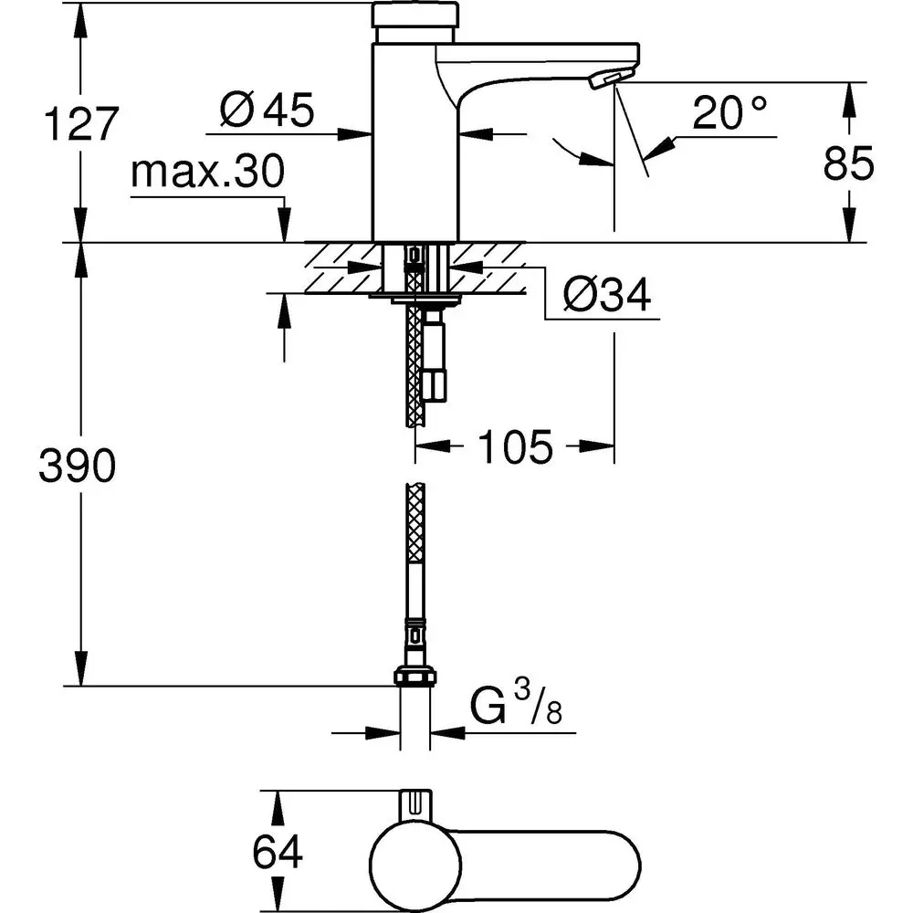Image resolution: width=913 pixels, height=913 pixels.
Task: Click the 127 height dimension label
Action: pyautogui.click(x=81, y=124)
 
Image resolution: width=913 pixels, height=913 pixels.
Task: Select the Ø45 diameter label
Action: pyautogui.click(x=267, y=110)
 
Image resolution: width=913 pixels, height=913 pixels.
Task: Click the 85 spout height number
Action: pyautogui.click(x=849, y=163)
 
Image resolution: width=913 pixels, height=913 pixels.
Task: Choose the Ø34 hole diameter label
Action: pyautogui.click(x=607, y=295)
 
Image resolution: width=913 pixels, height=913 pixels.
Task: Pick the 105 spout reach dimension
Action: pyautogui.click(x=514, y=446)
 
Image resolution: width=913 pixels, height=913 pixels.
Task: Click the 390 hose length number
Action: pyautogui.click(x=78, y=467)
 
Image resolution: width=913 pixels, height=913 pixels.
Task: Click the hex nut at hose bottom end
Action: pyautogui.click(x=415, y=677)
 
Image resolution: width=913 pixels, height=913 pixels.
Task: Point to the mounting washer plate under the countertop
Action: pyautogui.click(x=415, y=297)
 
